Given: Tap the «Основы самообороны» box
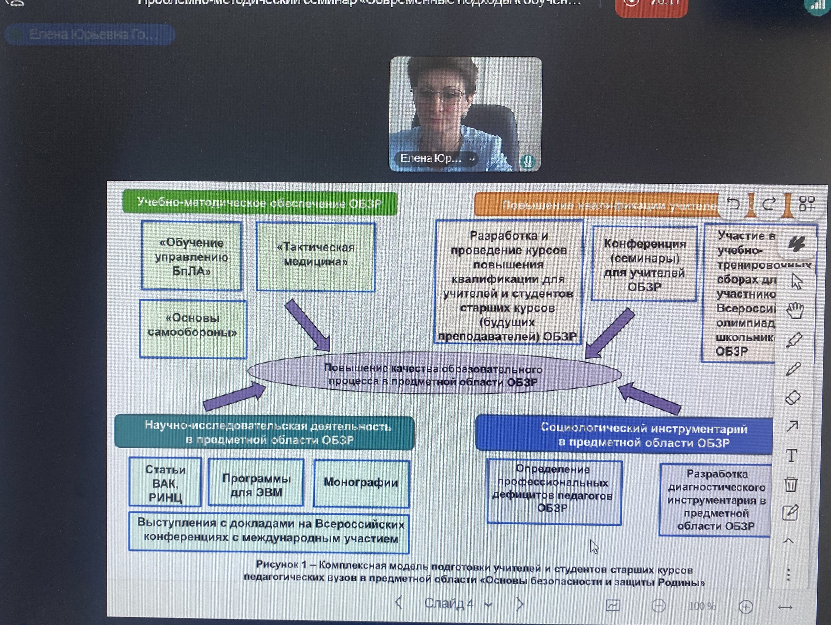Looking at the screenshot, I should coord(193,329).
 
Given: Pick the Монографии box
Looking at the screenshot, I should coord(361,483).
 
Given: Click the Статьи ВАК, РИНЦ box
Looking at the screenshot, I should coord(165,483).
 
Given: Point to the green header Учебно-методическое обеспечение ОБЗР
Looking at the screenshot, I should coord(260,203).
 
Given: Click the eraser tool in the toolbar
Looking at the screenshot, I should coord(793,398).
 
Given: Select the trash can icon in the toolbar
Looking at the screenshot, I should coord(791,484).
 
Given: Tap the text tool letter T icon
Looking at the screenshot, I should coord(791,456).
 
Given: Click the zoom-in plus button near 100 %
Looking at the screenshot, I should coord(746,606).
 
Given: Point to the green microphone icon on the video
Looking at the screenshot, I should coord(528,162).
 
